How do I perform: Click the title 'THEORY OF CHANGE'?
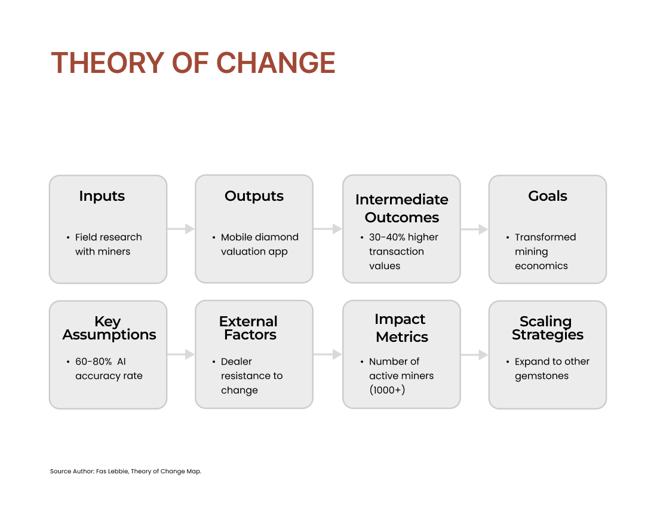[x=193, y=63]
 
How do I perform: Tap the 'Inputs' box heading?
[x=102, y=196]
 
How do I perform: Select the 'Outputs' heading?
[x=254, y=196]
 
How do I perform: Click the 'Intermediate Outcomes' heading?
[x=402, y=209]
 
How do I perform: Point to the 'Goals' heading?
[x=548, y=196]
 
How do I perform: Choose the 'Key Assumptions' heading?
[x=109, y=328]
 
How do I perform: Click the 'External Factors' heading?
[x=248, y=328]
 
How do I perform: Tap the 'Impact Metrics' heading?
[x=401, y=328]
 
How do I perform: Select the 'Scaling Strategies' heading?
[x=547, y=328]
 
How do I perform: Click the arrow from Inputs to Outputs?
[x=180, y=229]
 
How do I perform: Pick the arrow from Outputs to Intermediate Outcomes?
[x=328, y=229]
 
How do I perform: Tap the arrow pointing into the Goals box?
[x=474, y=229]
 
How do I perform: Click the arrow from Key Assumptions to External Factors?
[x=180, y=354]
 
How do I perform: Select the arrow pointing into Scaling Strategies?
[x=474, y=355]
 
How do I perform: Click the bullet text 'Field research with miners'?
[x=109, y=244]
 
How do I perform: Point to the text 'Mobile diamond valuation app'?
[x=260, y=244]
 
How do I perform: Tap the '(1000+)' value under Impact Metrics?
[x=387, y=390]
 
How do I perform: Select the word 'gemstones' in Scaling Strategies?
[x=541, y=377]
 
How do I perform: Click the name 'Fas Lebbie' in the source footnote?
[x=112, y=471]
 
